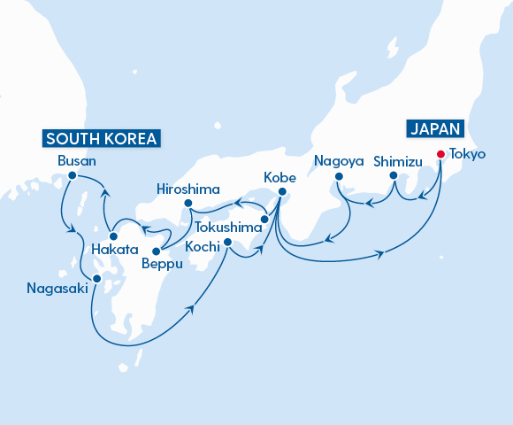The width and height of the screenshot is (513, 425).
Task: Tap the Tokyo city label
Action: pyautogui.click(x=467, y=153)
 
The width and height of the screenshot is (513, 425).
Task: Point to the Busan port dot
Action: pyautogui.click(x=71, y=176)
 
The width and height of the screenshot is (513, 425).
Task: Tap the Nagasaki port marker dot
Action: pyautogui.click(x=97, y=278)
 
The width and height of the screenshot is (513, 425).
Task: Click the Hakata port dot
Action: pyautogui.click(x=113, y=236)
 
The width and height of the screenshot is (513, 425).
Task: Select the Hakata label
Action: pyautogui.click(x=115, y=251)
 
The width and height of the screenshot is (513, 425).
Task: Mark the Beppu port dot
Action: pyautogui.click(x=156, y=251)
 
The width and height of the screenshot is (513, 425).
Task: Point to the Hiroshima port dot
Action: pyautogui.click(x=188, y=204)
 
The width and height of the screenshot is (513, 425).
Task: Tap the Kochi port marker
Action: pyautogui.click(x=227, y=242)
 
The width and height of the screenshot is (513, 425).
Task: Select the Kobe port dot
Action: pyautogui.click(x=281, y=192)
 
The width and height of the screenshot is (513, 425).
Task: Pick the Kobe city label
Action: pyautogui.click(x=281, y=177)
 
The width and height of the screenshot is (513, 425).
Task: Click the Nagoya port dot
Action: pyautogui.click(x=338, y=177)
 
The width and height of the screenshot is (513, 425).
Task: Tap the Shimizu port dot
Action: pyautogui.click(x=394, y=176)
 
